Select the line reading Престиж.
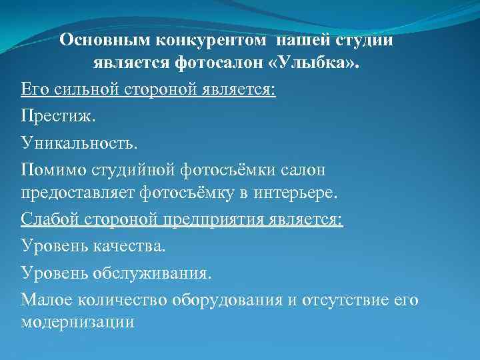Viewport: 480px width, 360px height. pos(59,116)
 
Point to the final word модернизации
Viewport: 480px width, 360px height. pos(78,322)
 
